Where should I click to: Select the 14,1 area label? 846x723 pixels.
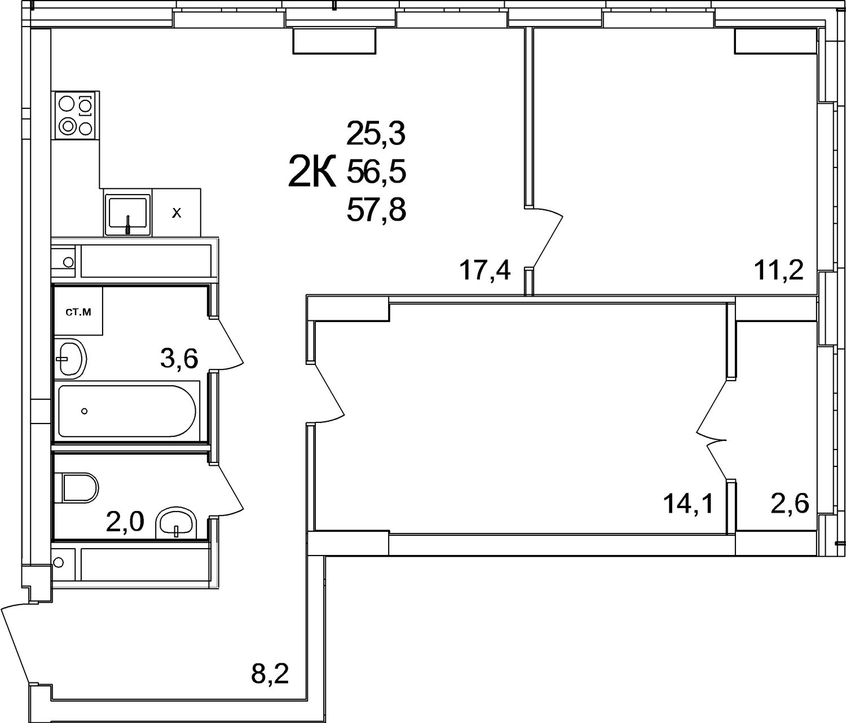coord(689,504)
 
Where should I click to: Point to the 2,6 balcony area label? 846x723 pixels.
coord(790,504)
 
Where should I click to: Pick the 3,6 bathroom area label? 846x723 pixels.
coord(179,359)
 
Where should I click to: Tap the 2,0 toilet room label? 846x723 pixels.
coord(125,522)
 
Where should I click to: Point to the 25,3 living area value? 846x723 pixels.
coord(376,134)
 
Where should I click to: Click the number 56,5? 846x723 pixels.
coord(376,171)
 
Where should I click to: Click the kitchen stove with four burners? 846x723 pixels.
coord(76,116)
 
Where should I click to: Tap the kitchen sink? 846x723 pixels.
coord(127,213)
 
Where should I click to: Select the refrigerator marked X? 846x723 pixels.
coord(177,213)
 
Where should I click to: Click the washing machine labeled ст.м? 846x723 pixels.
coord(78,311)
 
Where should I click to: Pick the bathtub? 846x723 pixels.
coord(127,411)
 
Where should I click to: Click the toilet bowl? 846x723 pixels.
coord(80,488)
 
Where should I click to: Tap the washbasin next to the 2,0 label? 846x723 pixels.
coord(177,523)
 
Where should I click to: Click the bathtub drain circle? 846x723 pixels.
coord(85,411)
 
